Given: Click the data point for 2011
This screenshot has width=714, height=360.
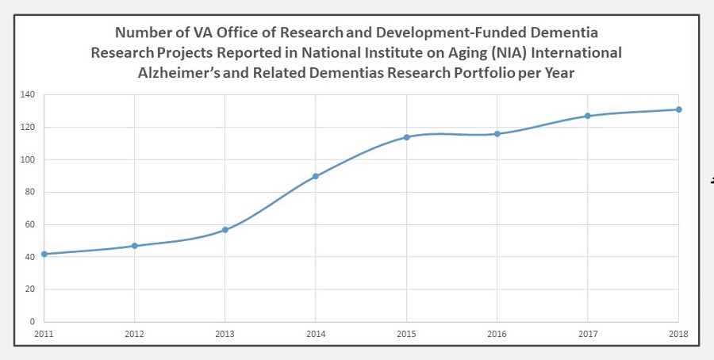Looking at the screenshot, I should coord(44,254).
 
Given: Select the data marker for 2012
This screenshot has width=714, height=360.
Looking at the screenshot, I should coord(135,246).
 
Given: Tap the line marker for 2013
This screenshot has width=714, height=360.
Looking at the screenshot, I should coord(225,230).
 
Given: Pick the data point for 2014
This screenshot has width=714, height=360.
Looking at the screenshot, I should coord(316,176).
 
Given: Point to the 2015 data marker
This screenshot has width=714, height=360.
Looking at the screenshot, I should coord(406,137).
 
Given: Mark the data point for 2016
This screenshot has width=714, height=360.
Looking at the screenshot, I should coord(497,134).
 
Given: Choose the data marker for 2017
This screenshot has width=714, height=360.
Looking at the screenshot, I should coord(588,116).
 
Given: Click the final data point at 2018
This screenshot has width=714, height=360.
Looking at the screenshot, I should coord(678,109).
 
